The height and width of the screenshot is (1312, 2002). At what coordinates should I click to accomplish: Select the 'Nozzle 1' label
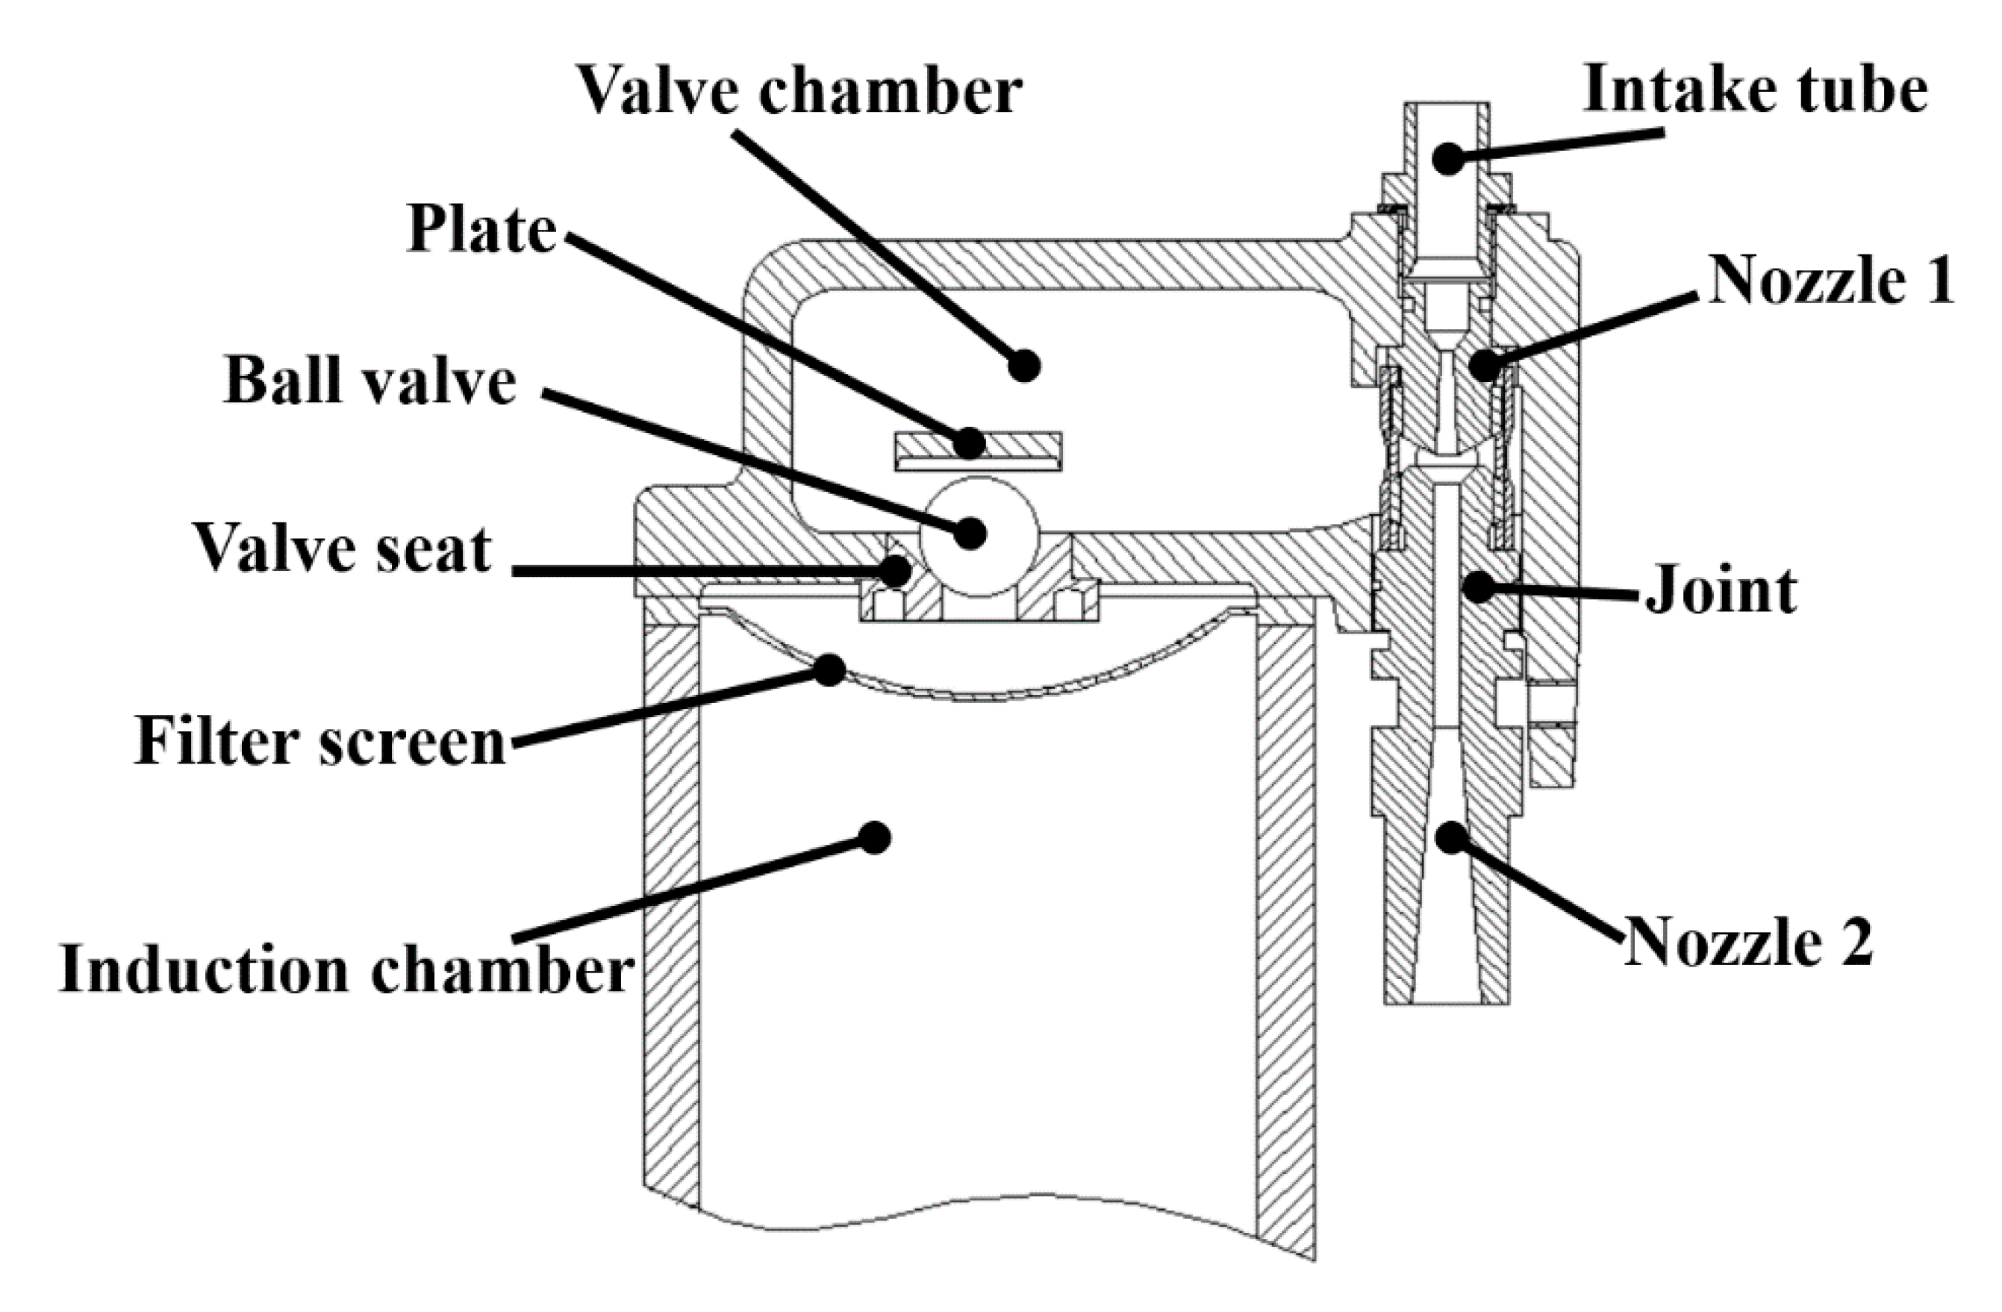(x=1830, y=279)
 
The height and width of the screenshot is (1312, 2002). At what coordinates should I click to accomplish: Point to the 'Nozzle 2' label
(x=1748, y=943)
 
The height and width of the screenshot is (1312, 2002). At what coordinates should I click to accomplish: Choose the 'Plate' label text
(x=481, y=229)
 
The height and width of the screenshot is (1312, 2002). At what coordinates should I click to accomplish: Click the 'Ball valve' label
(x=370, y=381)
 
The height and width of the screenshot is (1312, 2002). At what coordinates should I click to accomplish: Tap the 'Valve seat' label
(x=343, y=549)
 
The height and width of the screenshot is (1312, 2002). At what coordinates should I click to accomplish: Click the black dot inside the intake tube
(x=1447, y=158)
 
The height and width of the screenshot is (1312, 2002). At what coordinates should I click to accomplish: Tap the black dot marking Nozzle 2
(x=1451, y=837)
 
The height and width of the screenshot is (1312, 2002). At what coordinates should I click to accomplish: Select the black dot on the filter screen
(x=830, y=669)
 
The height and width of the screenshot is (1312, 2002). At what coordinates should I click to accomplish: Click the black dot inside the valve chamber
(x=1023, y=365)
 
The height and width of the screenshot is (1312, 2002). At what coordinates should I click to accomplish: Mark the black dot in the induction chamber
(x=875, y=837)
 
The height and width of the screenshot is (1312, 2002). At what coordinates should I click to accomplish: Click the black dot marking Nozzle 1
(x=1485, y=365)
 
